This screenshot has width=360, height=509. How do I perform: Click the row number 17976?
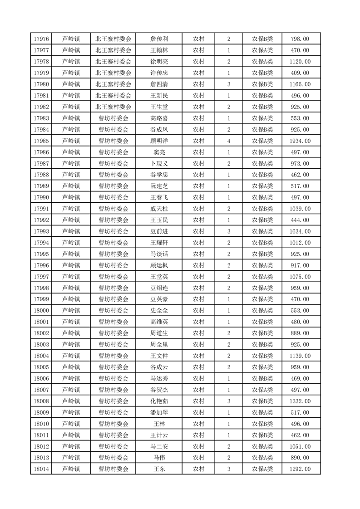pos(41,39)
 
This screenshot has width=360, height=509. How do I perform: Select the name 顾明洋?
pos(159,141)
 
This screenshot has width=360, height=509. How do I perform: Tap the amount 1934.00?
pos(300,141)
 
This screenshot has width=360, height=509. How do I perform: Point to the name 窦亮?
pos(159,152)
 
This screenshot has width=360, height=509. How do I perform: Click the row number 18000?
pos(41,311)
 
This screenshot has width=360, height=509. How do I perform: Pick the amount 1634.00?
pos(300,231)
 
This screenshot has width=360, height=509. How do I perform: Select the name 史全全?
pos(159,311)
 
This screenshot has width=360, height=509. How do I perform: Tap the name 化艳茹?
pos(159,401)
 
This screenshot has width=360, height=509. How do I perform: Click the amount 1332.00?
pos(300,401)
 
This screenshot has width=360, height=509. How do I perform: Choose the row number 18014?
pos(41,469)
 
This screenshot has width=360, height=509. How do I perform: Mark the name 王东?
pos(159,469)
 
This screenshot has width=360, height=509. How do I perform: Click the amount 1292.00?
pos(300,469)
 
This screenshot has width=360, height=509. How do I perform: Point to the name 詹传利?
pos(159,39)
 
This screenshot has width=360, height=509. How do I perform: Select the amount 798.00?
pos(300,39)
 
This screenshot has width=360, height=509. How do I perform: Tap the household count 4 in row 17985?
pos(228,141)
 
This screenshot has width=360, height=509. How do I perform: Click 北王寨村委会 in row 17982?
pos(113,107)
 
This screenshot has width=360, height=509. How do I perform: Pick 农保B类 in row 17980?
pos(262,84)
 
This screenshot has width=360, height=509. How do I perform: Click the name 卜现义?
pos(159,164)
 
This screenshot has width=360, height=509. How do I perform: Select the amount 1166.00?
pos(300,84)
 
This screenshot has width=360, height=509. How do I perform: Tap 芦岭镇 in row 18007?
pos(71,390)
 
